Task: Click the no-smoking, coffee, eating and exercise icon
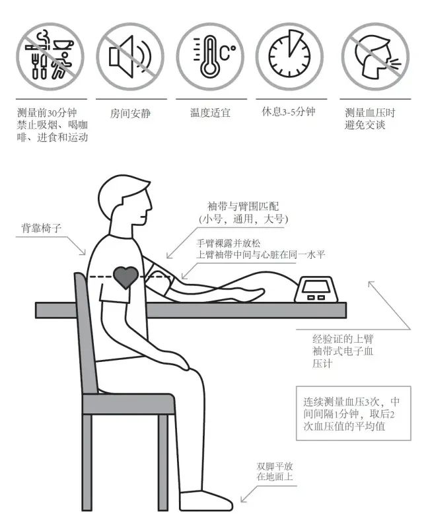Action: [x=50, y=57]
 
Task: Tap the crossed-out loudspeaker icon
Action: [x=130, y=57]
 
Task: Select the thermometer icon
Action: [x=211, y=57]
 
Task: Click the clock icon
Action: [x=290, y=57]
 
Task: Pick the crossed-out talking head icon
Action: [x=376, y=57]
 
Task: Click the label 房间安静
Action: [x=131, y=114]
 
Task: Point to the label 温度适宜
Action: [x=211, y=112]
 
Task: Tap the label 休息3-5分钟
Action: [x=289, y=112]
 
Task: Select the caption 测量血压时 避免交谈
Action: [x=370, y=119]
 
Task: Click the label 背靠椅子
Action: [x=42, y=228]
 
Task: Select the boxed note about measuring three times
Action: [x=353, y=413]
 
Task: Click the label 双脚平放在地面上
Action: [x=274, y=472]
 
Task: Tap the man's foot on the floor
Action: [x=206, y=501]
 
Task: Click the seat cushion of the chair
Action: [x=128, y=404]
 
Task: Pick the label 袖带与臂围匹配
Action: [x=243, y=206]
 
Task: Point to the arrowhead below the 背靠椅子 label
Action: [x=83, y=252]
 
